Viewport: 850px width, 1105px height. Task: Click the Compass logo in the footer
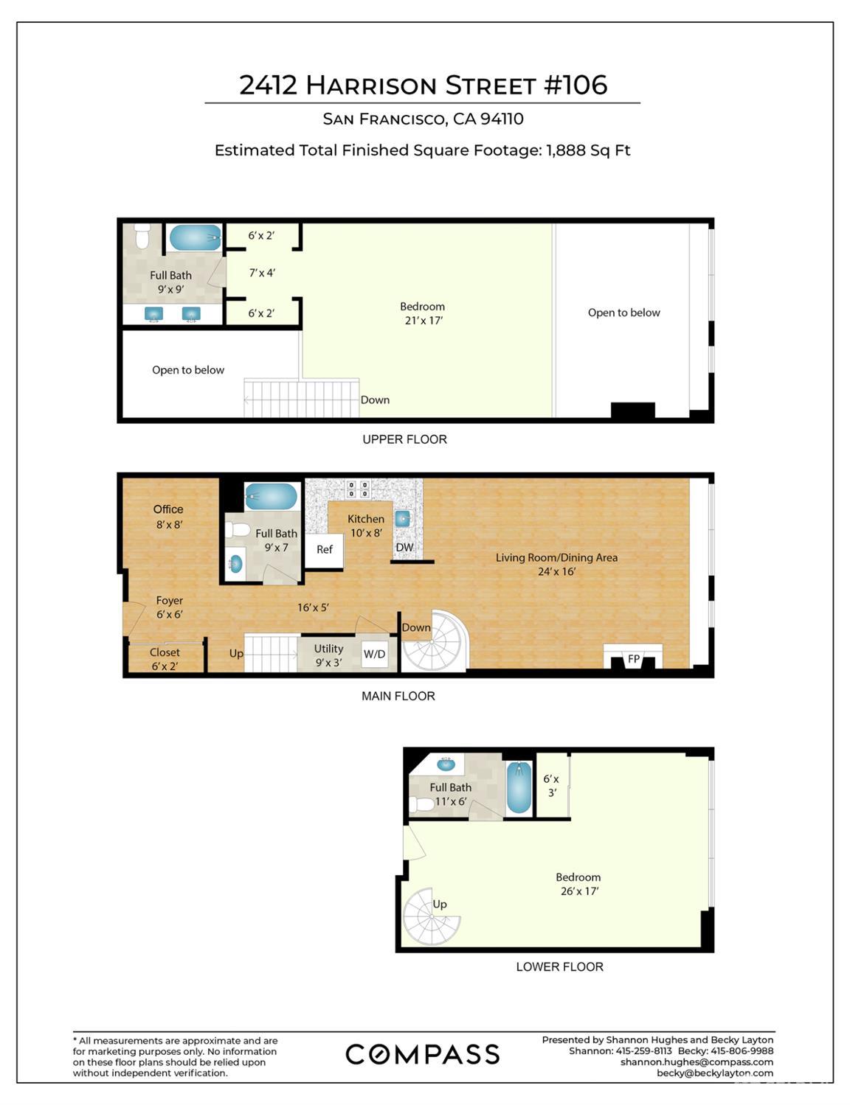[x=422, y=1054]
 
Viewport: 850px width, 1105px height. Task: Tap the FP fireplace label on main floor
[x=633, y=659]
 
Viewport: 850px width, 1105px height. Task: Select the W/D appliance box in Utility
[x=374, y=654]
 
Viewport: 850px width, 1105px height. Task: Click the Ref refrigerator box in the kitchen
[x=324, y=549]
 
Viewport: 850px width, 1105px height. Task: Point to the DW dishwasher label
[x=404, y=547]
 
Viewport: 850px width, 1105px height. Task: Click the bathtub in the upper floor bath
[x=196, y=238]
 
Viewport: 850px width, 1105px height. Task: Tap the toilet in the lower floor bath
[x=422, y=804]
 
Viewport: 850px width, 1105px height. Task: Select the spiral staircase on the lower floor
[x=432, y=916]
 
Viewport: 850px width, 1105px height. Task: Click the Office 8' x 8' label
[x=168, y=517]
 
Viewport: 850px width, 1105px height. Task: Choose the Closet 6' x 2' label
[x=165, y=659]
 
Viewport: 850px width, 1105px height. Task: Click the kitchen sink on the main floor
[x=403, y=519]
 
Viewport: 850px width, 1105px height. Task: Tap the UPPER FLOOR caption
[x=404, y=439]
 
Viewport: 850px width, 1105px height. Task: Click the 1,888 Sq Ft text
[x=588, y=150]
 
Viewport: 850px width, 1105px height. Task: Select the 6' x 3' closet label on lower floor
[x=551, y=786]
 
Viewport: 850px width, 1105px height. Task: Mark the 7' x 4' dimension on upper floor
[x=262, y=273]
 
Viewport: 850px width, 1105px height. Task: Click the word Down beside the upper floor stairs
[x=375, y=400]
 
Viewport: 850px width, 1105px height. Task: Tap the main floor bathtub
[x=271, y=496]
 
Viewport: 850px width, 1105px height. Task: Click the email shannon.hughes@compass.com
[x=697, y=1062]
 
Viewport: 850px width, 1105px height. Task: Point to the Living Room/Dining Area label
[x=556, y=564]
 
